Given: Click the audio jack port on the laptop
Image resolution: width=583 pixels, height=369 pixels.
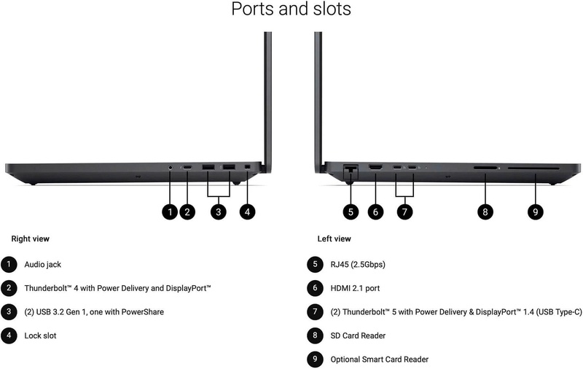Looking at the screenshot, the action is pyautogui.click(x=171, y=168).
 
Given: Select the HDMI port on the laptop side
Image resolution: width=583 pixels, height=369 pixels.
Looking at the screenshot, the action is pyautogui.click(x=375, y=167).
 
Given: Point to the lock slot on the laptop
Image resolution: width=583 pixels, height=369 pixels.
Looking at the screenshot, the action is pyautogui.click(x=247, y=167).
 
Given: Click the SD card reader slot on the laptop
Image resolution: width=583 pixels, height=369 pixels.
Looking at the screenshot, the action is pyautogui.click(x=485, y=168).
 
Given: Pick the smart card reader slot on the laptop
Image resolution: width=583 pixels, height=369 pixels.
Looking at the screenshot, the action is pyautogui.click(x=533, y=168).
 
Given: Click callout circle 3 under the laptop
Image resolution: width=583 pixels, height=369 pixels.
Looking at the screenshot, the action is pyautogui.click(x=218, y=212).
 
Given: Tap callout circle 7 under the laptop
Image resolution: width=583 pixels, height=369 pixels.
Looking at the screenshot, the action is pyautogui.click(x=404, y=212).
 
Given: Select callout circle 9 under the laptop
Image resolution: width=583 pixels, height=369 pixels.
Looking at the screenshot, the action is pyautogui.click(x=536, y=212).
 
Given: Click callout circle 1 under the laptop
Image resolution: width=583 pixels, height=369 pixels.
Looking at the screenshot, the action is pyautogui.click(x=170, y=212).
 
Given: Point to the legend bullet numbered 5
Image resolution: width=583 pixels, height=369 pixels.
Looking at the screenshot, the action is pyautogui.click(x=315, y=265).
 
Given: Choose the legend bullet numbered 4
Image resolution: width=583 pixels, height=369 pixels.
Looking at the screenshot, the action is pyautogui.click(x=9, y=336).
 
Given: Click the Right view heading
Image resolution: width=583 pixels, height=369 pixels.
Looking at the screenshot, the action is pyautogui.click(x=30, y=238).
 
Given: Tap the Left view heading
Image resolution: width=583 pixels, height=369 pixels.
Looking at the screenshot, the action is pyautogui.click(x=334, y=238).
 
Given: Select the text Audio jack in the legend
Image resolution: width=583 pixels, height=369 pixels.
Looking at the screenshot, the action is pyautogui.click(x=43, y=265).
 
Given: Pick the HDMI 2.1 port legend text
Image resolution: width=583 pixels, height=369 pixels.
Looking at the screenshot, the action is pyautogui.click(x=355, y=288).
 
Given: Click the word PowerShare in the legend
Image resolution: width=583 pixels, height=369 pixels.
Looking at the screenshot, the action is pyautogui.click(x=143, y=311).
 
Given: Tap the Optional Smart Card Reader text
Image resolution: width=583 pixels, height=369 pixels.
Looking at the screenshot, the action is pyautogui.click(x=379, y=360).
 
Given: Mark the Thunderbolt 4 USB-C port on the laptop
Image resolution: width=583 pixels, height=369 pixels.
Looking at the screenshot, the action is pyautogui.click(x=187, y=168).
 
